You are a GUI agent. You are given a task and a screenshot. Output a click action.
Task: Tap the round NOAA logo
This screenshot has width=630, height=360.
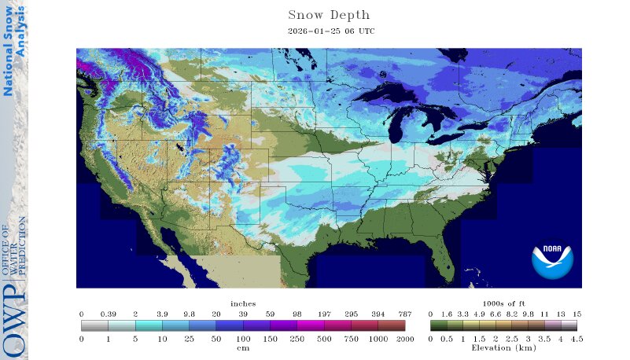(552, 262)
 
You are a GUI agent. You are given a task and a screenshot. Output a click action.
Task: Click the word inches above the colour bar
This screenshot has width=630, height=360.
(243, 303)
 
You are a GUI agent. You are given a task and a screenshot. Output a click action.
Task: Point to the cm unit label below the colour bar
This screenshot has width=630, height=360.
(243, 347)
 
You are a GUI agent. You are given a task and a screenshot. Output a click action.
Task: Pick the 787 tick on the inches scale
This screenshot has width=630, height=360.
(404, 313)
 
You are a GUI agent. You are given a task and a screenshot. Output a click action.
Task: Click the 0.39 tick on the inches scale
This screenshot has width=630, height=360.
(108, 313)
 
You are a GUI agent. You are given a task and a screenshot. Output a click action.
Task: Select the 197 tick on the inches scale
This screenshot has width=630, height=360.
(324, 313)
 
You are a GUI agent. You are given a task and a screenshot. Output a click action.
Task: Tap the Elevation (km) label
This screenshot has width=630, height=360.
(503, 347)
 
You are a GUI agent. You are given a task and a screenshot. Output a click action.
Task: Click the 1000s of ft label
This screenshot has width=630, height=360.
(503, 303)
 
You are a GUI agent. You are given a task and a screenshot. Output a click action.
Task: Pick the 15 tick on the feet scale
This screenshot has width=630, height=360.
(577, 313)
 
